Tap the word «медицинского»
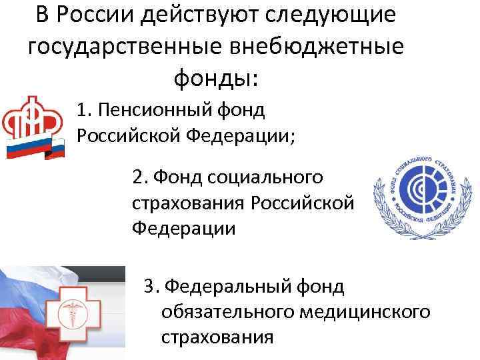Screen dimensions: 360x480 pos(365,311)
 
